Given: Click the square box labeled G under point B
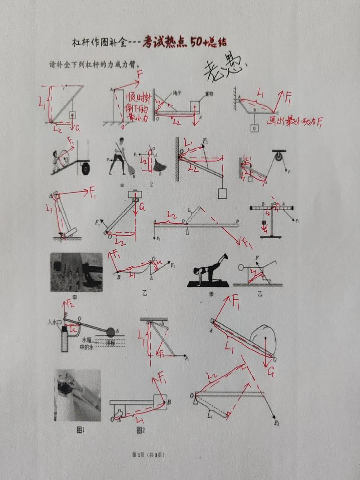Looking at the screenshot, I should pos(254,128).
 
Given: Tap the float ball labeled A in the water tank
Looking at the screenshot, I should pos(111,332).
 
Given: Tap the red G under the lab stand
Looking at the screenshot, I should pos(265,230).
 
